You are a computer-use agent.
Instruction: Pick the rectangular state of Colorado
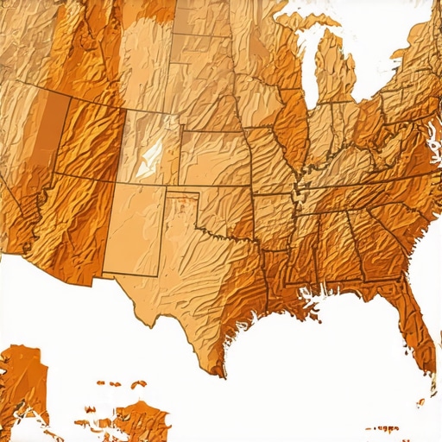tap(152, 147)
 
